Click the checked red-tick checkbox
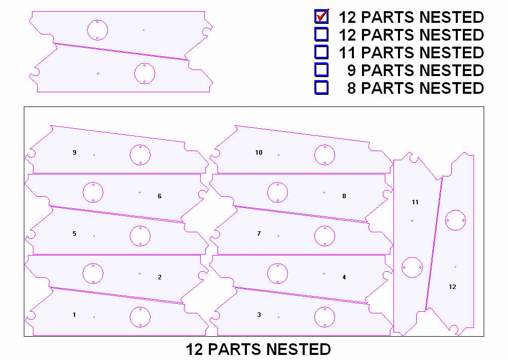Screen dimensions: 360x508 point(321,17)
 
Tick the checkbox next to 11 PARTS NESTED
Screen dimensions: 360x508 point(321,52)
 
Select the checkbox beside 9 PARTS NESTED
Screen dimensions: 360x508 point(321,69)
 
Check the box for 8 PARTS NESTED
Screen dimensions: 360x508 point(321,87)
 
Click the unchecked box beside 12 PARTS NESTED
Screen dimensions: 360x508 point(321,34)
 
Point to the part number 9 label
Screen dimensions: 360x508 point(75,152)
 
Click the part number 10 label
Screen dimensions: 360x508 point(259,152)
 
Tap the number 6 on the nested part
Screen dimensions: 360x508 point(160,196)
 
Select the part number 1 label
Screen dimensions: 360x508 point(75,315)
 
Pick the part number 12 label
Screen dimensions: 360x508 point(452,286)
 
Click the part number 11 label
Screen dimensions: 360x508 point(415,202)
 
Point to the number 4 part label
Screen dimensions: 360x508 point(344,277)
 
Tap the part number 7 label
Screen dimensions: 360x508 point(259,234)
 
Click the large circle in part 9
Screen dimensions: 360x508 point(140,155)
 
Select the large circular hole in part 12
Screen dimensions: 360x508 point(455,220)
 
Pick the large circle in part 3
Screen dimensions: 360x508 point(324,317)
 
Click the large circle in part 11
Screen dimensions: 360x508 point(412,267)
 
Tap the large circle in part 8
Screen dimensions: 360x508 point(277,192)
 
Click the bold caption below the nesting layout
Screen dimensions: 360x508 point(258,349)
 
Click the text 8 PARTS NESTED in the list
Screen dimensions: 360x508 point(415,88)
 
